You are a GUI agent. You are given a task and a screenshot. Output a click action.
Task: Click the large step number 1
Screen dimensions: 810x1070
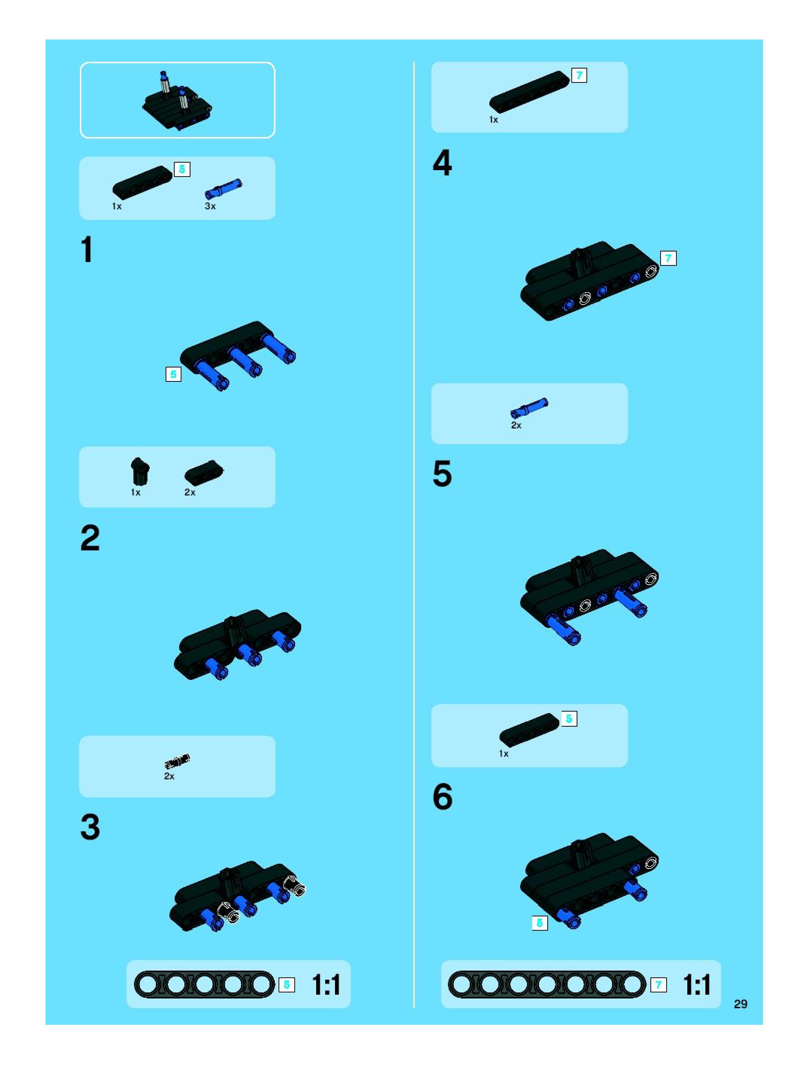[87, 250]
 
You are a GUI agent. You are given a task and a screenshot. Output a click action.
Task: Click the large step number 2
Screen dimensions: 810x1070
[90, 538]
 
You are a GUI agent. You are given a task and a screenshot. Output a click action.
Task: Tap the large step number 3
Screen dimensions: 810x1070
[90, 827]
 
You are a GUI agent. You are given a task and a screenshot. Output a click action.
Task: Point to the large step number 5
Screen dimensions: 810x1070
[442, 473]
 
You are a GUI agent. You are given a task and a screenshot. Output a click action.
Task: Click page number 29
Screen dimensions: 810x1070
[740, 1004]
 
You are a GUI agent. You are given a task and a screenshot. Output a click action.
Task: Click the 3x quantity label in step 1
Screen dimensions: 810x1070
[210, 206]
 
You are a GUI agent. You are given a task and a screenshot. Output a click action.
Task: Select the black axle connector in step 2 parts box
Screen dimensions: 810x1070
[140, 471]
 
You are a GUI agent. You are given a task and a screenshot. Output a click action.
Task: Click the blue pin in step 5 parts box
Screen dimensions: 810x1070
[529, 408]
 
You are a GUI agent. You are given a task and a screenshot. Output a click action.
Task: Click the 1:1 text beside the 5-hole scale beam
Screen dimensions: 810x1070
[326, 985]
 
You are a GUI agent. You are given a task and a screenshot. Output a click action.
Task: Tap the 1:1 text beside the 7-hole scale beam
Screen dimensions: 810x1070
[697, 985]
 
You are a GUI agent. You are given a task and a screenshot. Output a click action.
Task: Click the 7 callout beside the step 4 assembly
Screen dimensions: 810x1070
[668, 258]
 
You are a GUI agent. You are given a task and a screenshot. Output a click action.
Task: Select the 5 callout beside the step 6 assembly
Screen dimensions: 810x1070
[540, 923]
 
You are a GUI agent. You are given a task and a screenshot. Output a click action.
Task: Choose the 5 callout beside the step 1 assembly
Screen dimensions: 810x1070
[173, 374]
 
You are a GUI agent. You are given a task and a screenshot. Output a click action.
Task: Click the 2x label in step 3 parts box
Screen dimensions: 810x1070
[169, 776]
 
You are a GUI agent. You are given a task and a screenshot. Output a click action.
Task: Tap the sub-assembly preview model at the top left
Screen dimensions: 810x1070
[178, 101]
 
